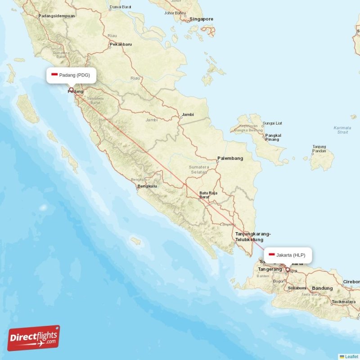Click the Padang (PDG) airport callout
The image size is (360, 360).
[x=71, y=75]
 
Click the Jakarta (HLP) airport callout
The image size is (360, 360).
[x=288, y=255]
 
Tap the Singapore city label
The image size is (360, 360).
[x=201, y=19]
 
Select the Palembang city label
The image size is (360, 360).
[x=230, y=158]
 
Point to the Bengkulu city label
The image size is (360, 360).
[x=148, y=186]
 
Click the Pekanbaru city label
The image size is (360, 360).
[x=121, y=45]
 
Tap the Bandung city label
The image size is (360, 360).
[x=322, y=288]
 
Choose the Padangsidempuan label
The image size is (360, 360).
[x=57, y=16]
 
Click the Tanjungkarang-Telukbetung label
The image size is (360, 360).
[x=253, y=237]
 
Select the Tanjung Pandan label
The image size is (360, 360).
[x=319, y=149]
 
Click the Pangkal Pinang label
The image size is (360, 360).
[x=273, y=137]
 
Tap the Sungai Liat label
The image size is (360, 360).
[x=272, y=123]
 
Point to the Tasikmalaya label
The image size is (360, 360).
[x=344, y=301]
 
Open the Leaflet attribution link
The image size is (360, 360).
[x=351, y=356]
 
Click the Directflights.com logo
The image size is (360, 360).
[x=33, y=338]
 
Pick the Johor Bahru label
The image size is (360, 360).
[x=175, y=13]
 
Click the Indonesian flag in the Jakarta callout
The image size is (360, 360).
[x=271, y=255]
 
